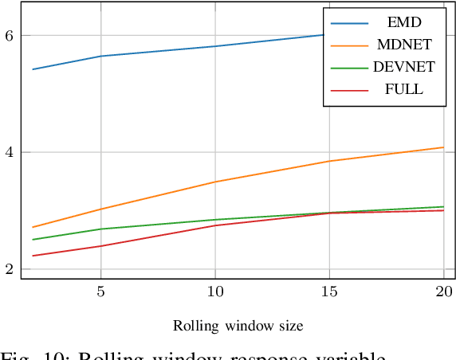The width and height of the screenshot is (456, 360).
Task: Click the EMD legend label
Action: coord(403,22)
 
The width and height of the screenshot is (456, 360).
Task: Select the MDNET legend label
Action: coord(403,45)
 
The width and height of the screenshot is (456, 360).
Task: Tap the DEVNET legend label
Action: coord(403,68)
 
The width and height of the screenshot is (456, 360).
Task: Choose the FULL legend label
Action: coord(403,90)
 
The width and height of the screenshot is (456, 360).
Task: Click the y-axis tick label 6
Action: coord(9,36)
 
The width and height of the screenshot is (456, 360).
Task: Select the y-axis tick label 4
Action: coord(9,152)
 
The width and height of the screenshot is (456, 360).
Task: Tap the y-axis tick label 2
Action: coord(9,269)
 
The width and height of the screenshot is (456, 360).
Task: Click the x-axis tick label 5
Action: coord(100,292)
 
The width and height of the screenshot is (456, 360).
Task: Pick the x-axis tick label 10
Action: coord(215,292)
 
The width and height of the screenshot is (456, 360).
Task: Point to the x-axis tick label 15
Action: coord(329,292)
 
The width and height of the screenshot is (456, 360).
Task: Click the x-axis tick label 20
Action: coord(443,292)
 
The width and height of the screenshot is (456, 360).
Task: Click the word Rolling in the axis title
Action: coord(192,326)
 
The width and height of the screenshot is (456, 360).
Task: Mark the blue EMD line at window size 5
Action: coord(100,56)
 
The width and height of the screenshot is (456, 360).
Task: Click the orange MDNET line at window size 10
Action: coord(215,182)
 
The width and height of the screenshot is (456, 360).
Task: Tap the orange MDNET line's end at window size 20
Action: coord(443,147)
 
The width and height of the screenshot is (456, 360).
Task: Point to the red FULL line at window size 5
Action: coord(100,246)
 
